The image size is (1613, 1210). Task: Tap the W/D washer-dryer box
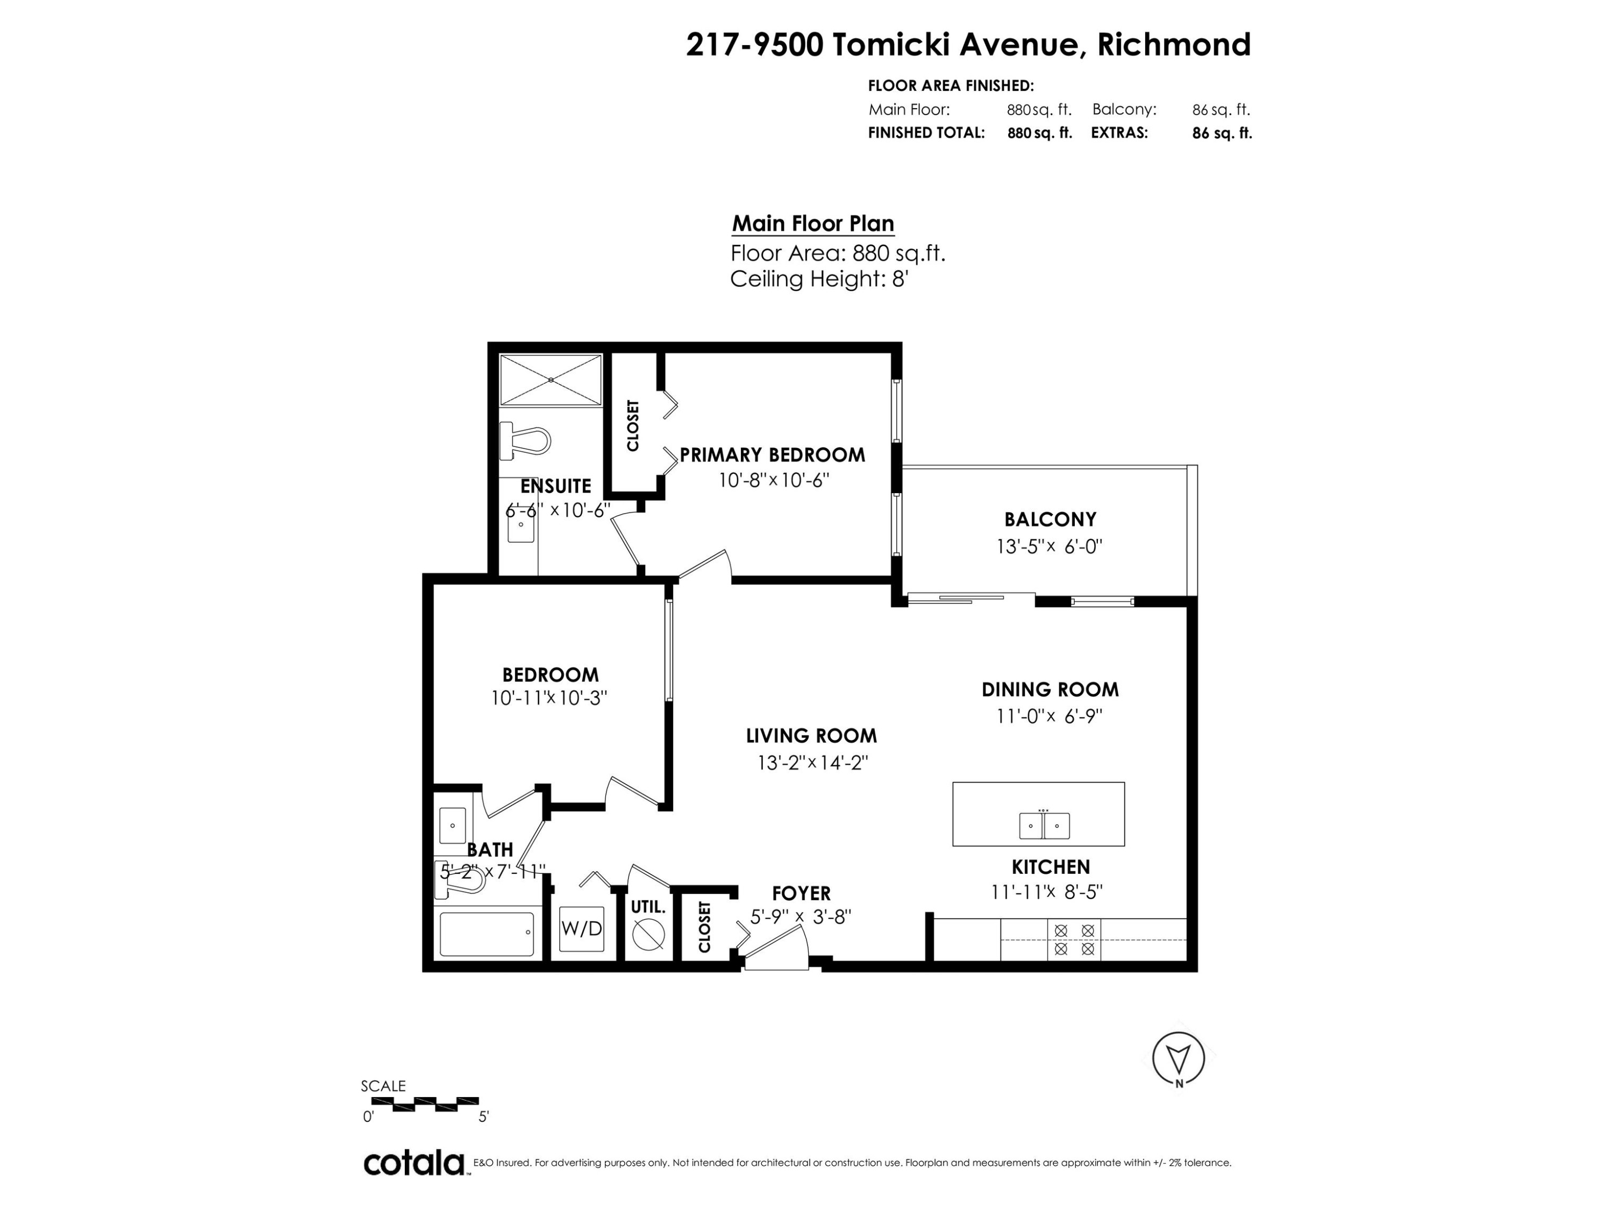(x=581, y=928)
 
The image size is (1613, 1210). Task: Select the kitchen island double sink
(x=1044, y=825)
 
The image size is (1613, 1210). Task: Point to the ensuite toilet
(x=524, y=440)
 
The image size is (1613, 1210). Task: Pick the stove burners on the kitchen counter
(x=1074, y=940)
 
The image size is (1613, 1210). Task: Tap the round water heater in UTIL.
(x=647, y=934)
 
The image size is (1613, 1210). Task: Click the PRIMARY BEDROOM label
(x=772, y=455)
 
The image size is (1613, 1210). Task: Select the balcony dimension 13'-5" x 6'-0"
(x=1050, y=546)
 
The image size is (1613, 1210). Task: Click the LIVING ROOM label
(x=811, y=735)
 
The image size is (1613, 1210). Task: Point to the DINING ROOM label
(x=1050, y=689)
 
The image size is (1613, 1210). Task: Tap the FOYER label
(x=802, y=893)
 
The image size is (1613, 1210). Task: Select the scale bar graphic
(x=436, y=1104)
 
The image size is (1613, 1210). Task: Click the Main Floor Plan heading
(x=813, y=223)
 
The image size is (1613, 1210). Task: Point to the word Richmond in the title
(x=1174, y=45)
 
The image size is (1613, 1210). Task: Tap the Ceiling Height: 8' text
(x=819, y=279)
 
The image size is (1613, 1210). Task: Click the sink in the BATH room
(x=453, y=825)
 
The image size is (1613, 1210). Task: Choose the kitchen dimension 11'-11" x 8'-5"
(x=1046, y=892)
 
